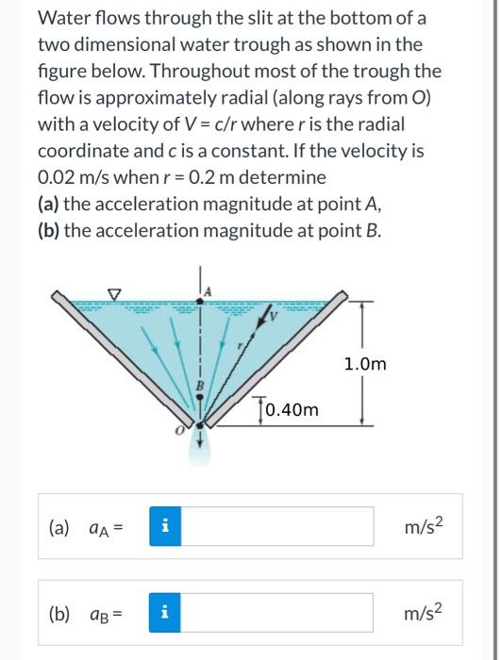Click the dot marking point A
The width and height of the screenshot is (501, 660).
[198, 300]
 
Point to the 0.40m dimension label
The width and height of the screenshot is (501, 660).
[293, 410]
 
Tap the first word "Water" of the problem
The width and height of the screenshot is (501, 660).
[62, 19]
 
